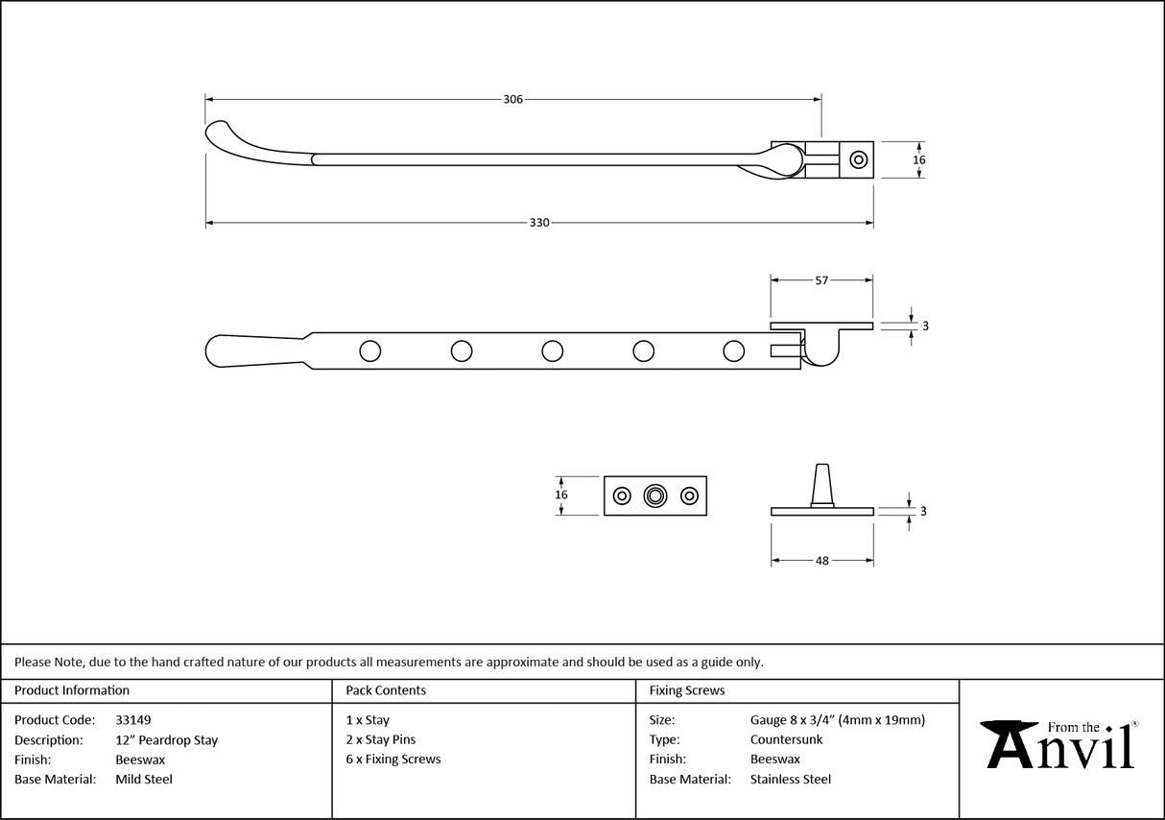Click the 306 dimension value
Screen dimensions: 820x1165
[512, 99]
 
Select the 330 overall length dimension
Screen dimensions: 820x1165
[539, 223]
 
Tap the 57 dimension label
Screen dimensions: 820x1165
[821, 280]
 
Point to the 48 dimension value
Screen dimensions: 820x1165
[821, 561]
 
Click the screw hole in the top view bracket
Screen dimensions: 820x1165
[859, 159]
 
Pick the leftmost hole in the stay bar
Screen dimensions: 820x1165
[369, 351]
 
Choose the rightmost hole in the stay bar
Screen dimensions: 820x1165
[733, 351]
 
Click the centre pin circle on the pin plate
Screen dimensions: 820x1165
[655, 495]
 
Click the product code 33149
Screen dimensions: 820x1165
[132, 720]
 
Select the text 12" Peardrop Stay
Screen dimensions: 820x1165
[166, 740]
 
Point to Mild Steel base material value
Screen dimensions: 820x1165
[144, 780]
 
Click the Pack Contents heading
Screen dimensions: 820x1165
[386, 690]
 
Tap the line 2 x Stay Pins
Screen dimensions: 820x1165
[381, 740]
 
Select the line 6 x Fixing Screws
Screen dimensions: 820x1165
[393, 760]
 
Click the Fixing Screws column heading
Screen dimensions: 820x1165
[687, 690]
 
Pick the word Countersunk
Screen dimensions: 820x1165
[786, 740]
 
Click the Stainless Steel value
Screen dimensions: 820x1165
[791, 780]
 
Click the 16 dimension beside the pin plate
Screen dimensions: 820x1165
[561, 495]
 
